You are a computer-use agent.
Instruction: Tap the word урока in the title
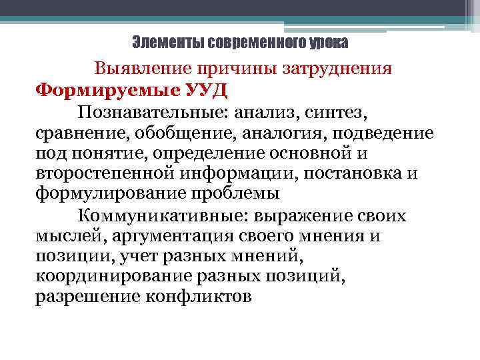(328, 43)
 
